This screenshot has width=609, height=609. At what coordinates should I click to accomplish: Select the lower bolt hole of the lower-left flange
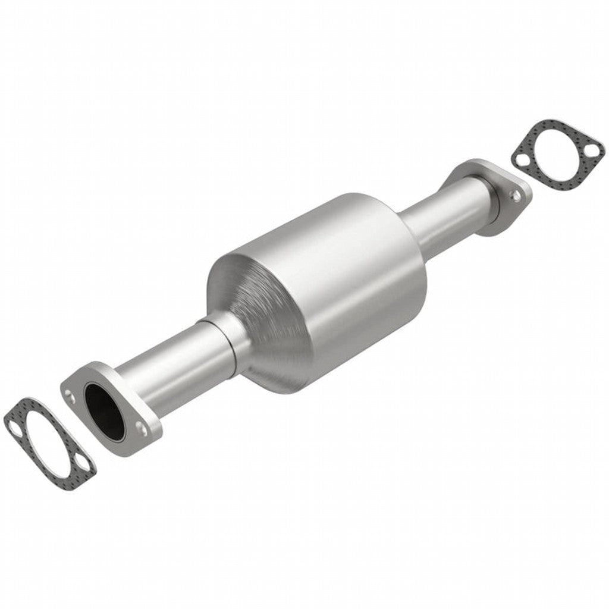(142, 427)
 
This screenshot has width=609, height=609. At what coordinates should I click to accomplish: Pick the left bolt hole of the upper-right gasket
(520, 160)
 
